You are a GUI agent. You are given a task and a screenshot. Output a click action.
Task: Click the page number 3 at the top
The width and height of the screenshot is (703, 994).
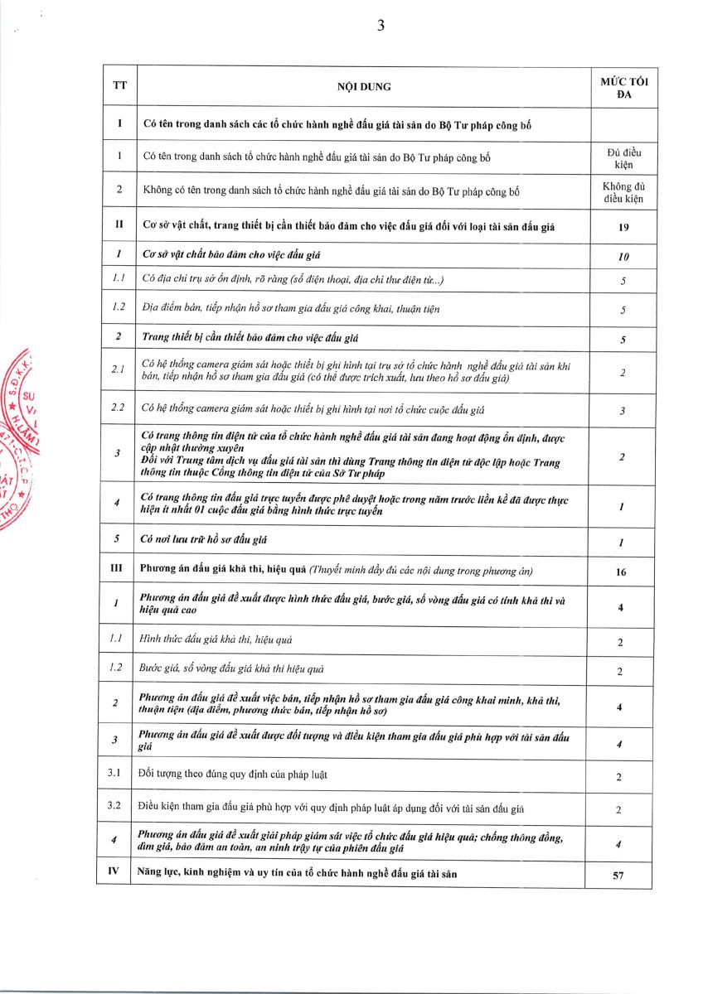pyautogui.click(x=381, y=26)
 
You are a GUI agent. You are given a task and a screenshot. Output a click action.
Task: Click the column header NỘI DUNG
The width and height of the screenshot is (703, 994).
pyautogui.click(x=363, y=87)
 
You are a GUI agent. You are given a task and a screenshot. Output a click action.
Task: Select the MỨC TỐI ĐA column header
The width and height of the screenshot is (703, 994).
pyautogui.click(x=623, y=87)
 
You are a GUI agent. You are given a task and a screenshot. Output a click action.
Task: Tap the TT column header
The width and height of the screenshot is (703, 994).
pyautogui.click(x=119, y=87)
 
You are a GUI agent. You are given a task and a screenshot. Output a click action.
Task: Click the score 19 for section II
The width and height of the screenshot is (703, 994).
pyautogui.click(x=623, y=227)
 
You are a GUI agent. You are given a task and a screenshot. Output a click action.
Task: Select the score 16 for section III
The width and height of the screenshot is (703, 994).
pyautogui.click(x=621, y=572)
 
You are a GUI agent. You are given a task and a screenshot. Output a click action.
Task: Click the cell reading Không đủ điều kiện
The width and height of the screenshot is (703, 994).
pyautogui.click(x=623, y=193)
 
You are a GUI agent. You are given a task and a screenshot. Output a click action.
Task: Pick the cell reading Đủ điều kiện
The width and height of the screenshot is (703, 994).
pyautogui.click(x=623, y=158)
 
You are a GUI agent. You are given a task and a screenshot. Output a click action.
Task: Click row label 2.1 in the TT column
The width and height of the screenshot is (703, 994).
pyautogui.click(x=118, y=371)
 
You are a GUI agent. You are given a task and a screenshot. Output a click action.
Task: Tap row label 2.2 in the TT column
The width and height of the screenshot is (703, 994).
pyautogui.click(x=118, y=409)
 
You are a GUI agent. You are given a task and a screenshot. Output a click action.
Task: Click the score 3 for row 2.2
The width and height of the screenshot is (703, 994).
pyautogui.click(x=623, y=411)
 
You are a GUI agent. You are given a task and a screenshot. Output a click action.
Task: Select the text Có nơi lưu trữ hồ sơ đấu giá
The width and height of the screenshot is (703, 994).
pyautogui.click(x=204, y=541)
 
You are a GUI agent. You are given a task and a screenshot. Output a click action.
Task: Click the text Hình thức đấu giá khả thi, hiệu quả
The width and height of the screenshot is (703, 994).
pyautogui.click(x=216, y=639)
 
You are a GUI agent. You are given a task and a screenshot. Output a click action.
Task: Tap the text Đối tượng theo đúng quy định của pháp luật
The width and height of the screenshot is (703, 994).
pyautogui.click(x=235, y=775)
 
